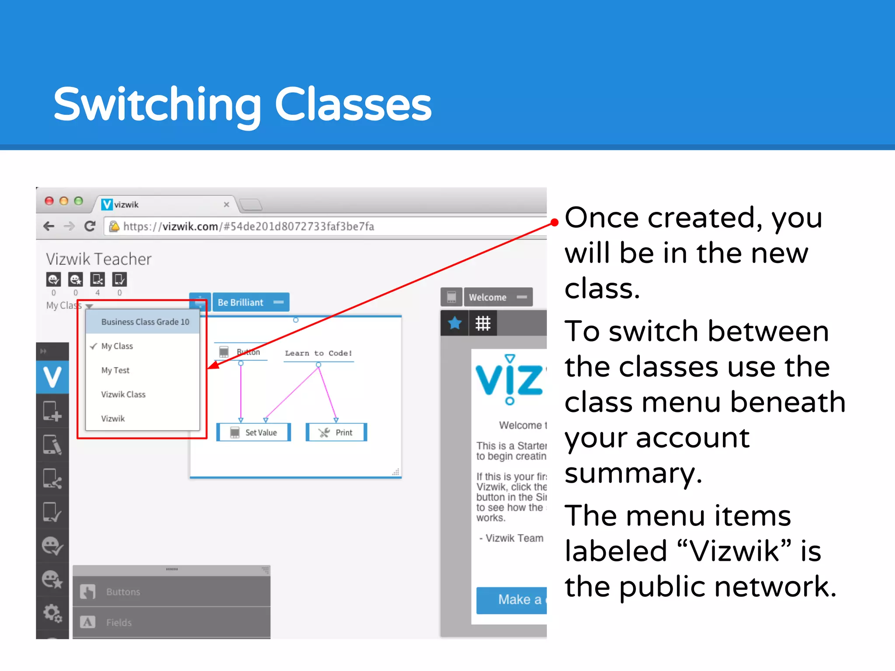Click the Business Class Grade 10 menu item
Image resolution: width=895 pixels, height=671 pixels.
pos(145,322)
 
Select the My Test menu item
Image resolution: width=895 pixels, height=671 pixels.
pos(115,370)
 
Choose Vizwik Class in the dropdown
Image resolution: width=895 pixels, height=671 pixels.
pos(123,394)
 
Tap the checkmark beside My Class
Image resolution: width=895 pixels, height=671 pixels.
pos(94,346)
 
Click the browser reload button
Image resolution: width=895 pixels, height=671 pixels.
pos(90,226)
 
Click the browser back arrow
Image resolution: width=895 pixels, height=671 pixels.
pos(49,226)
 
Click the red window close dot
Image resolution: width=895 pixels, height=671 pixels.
pos(49,201)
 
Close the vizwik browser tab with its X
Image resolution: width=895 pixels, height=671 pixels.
pos(226,204)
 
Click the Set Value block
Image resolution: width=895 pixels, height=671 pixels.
pos(254,432)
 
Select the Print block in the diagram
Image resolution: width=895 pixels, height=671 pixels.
pos(336,432)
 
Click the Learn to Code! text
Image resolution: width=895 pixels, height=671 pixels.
pos(318,353)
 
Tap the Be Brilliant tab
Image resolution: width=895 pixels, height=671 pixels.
pos(241,302)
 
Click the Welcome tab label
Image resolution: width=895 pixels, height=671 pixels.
pos(488,297)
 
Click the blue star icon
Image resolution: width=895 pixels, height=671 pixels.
pos(454,323)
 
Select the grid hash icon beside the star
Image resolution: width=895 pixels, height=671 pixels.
pos(483,323)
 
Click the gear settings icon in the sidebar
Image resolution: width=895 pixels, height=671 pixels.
pos(52,613)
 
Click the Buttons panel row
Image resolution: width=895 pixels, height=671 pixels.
pos(171,592)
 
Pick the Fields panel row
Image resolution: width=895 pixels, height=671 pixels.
pos(171,623)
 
